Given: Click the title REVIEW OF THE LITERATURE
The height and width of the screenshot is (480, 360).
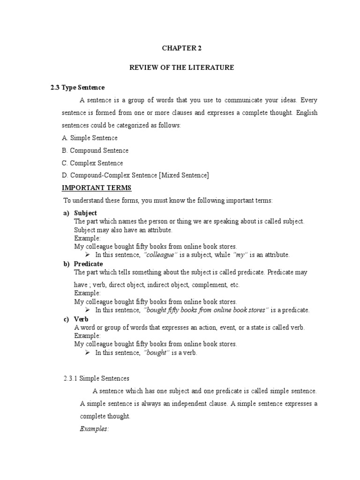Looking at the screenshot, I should (x=181, y=68).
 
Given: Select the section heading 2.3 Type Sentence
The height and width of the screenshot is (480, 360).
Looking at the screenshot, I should (x=77, y=88).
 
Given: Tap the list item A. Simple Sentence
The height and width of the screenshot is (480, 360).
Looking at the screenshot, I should (x=90, y=138).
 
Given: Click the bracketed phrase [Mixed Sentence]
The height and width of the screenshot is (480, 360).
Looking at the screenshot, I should (x=184, y=175).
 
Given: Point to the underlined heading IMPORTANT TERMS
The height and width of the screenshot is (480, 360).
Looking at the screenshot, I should (x=97, y=188).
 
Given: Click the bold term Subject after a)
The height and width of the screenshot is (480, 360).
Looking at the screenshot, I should (x=85, y=213).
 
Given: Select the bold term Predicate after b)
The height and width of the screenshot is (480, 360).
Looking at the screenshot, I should (x=88, y=264).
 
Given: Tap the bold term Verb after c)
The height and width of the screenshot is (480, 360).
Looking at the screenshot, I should (x=82, y=319).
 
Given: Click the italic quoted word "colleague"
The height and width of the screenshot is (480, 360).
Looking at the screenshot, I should (x=161, y=255).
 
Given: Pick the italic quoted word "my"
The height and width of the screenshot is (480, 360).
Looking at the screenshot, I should (x=240, y=255).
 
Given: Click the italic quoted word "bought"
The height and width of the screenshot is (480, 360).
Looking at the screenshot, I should (x=157, y=353).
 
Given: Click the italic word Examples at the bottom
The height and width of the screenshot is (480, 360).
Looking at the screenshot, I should (x=94, y=429).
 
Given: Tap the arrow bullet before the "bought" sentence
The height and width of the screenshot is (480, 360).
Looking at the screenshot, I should (x=87, y=352).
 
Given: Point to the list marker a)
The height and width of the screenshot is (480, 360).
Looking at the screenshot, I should (x=67, y=213).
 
